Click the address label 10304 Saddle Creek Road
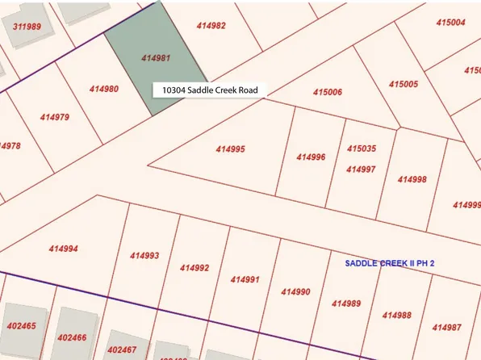point(209,90)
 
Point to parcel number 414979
point(54,117)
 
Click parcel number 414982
point(211,26)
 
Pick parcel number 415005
point(403,84)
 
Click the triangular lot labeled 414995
point(230,149)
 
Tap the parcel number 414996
point(311,157)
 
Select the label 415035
point(361,149)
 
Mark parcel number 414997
point(361,170)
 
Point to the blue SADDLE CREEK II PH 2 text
point(390,263)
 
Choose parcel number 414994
point(63,249)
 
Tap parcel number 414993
point(144,256)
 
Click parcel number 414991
point(245,279)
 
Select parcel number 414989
point(346,303)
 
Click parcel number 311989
point(27,27)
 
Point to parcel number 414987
point(446,327)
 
